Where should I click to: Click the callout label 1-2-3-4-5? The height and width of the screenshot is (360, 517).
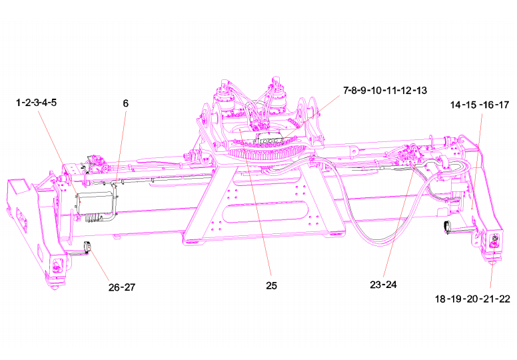(x=36, y=103)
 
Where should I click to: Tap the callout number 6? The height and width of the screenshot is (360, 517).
(x=126, y=103)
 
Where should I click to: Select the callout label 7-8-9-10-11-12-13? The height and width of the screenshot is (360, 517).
(x=385, y=91)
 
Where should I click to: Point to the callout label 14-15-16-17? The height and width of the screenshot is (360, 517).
(x=480, y=105)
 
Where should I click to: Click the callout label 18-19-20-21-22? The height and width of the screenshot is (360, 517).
(x=472, y=299)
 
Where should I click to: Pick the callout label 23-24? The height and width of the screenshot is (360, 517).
(x=383, y=285)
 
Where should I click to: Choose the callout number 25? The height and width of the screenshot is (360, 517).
(x=271, y=286)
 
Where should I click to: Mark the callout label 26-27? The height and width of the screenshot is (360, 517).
(x=122, y=287)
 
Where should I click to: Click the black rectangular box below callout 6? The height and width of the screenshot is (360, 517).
(x=94, y=201)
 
